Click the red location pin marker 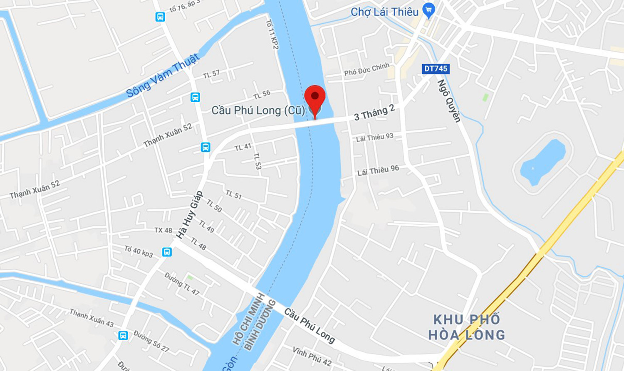pyautogui.click(x=315, y=98)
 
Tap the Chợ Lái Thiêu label pyautogui.click(x=384, y=12)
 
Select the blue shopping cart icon pyautogui.click(x=428, y=10)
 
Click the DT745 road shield pyautogui.click(x=436, y=69)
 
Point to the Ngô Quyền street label pyautogui.click(x=449, y=101)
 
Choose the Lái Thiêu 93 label pyautogui.click(x=374, y=137)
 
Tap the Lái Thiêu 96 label pyautogui.click(x=378, y=170)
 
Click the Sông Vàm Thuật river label pyautogui.click(x=163, y=76)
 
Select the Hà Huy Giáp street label pyautogui.click(x=189, y=215)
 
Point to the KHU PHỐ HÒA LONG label pyautogui.click(x=467, y=327)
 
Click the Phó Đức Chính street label pyautogui.click(x=366, y=69)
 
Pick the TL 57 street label pyautogui.click(x=211, y=74)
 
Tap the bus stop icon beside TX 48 pyautogui.click(x=167, y=252)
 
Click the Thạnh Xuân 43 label pyautogui.click(x=91, y=317)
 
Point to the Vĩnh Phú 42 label pyautogui.click(x=312, y=356)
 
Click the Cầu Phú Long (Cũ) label pyautogui.click(x=258, y=111)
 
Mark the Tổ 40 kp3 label pyautogui.click(x=139, y=251)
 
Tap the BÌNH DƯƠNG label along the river pyautogui.click(x=260, y=325)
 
